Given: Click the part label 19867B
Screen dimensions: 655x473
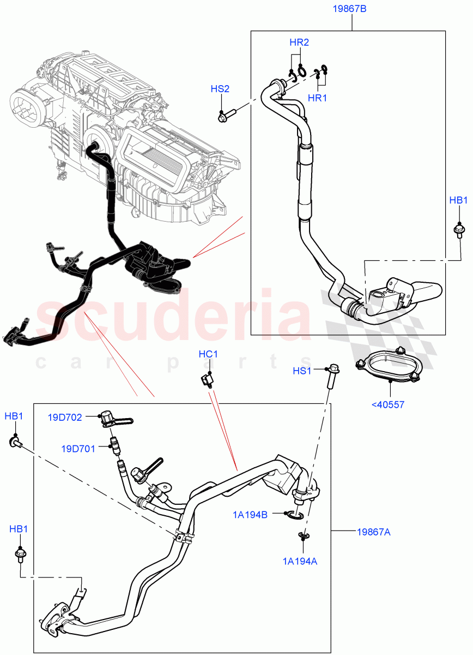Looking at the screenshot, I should pos(352,9).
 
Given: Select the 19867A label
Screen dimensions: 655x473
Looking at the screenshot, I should pos(373,532).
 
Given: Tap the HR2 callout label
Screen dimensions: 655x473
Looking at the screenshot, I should pos(299,42).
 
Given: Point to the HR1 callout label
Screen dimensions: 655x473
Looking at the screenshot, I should pos(317,98).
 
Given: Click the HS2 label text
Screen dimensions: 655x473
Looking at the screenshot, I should pos(221,89).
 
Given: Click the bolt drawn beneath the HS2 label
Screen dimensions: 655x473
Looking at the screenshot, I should pos(225,115).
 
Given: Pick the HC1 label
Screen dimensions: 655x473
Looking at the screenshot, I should pos(208,354).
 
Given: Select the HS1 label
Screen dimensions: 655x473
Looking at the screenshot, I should pos(302,371).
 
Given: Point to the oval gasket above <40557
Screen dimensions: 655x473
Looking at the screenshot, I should pos(389,366).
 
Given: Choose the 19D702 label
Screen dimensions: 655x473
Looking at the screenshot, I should pos(65,418).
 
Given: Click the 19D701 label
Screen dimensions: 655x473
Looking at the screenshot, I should pos(78,449).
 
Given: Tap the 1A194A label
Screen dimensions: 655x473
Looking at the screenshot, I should pos(299,559).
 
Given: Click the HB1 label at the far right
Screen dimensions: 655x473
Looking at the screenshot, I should pos(458,200).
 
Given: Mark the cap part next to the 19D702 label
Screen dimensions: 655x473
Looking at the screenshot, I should pos(107,419).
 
